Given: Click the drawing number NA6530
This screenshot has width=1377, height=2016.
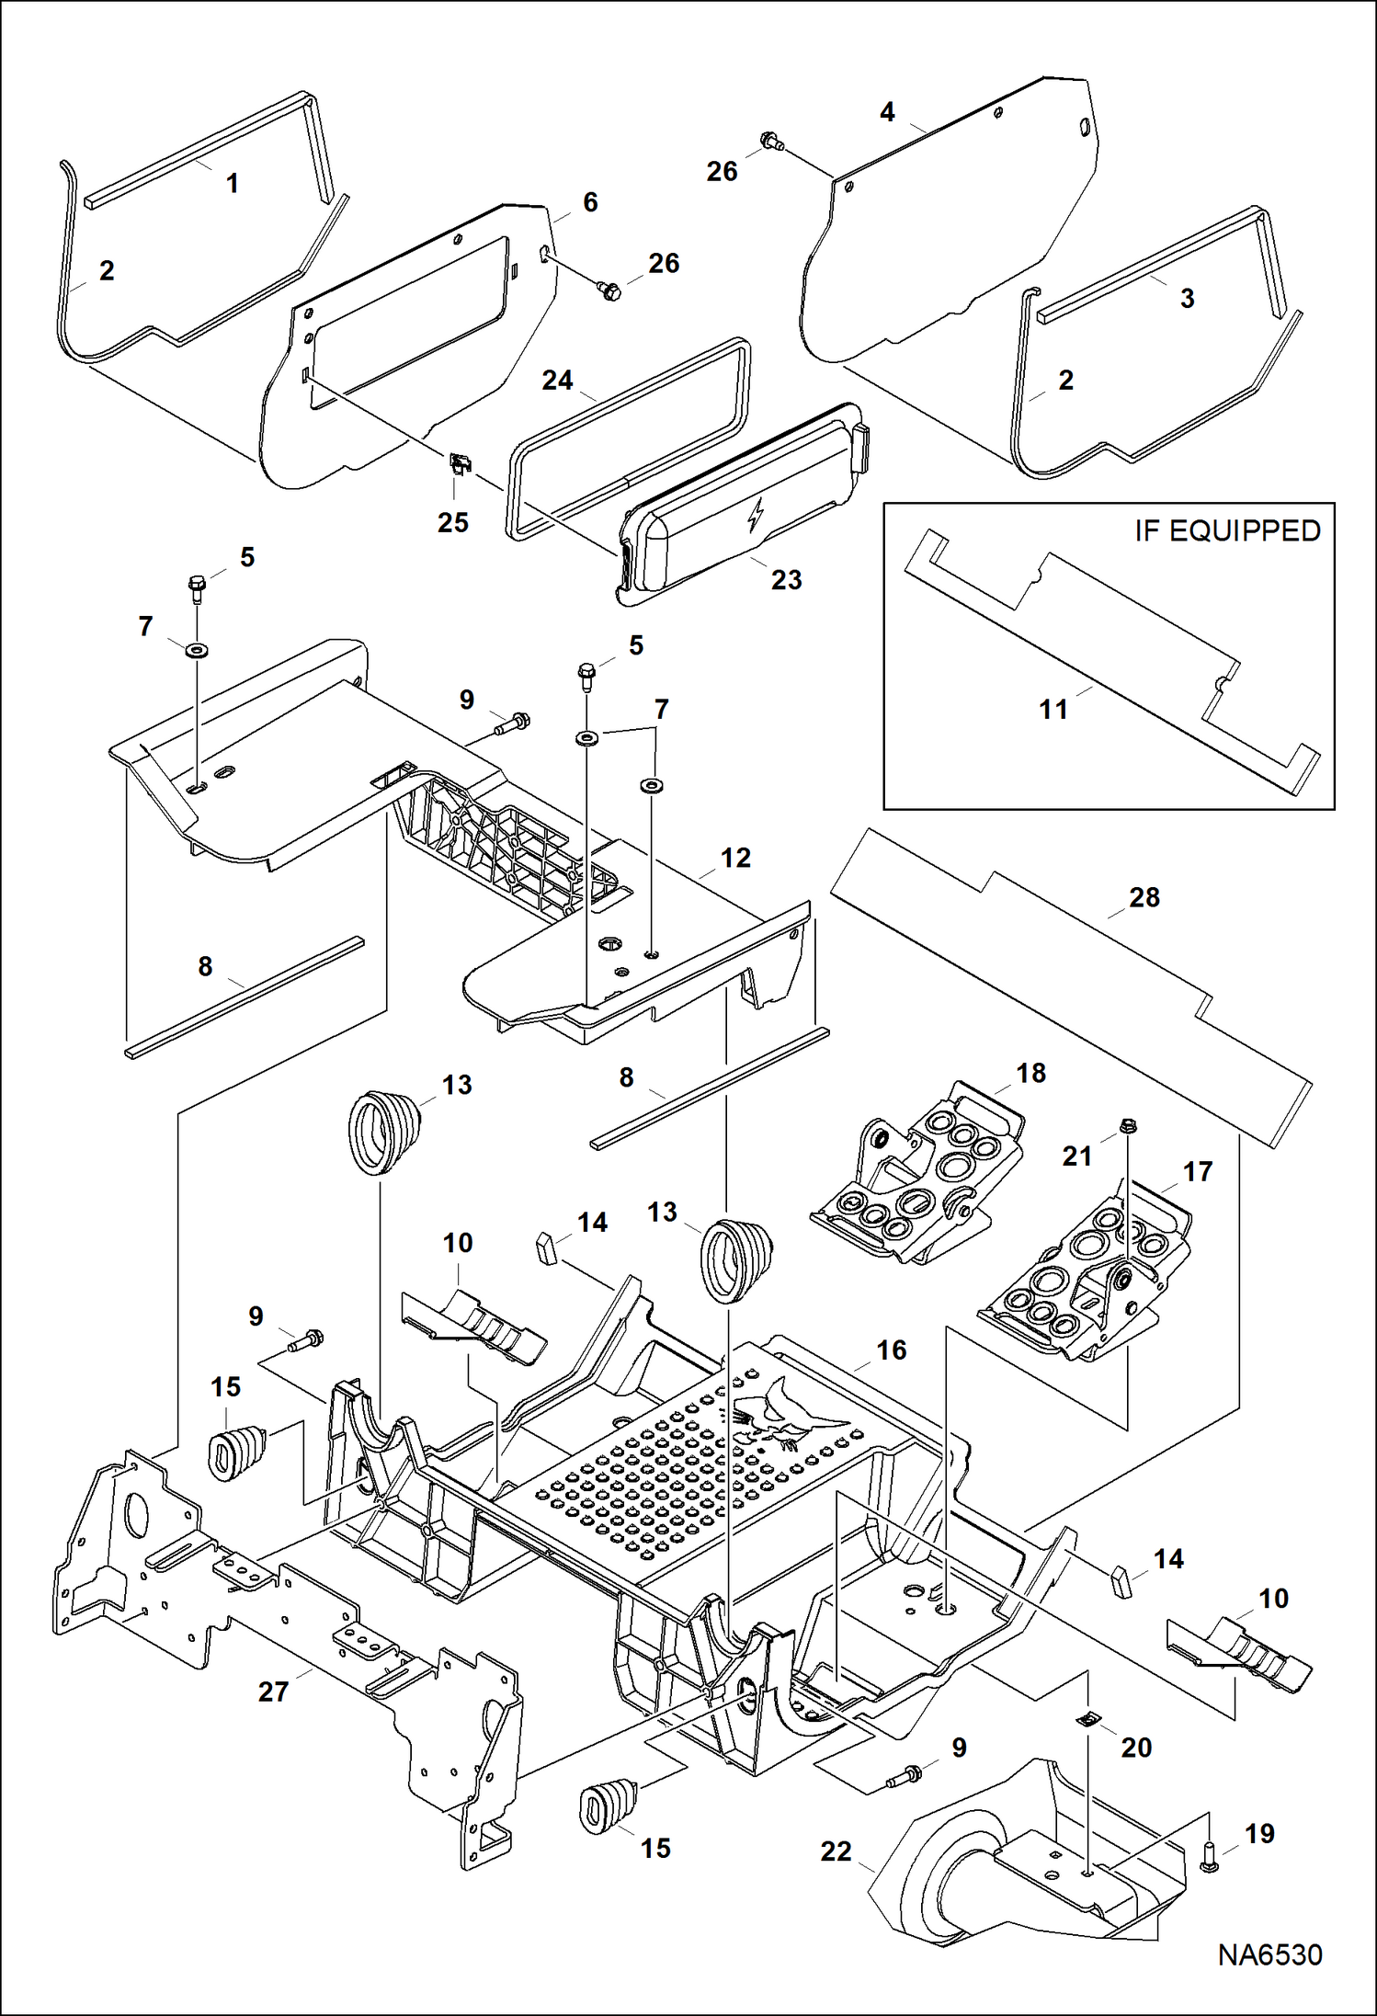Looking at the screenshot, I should click(x=1269, y=1954).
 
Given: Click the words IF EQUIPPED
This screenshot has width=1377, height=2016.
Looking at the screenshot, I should click(x=1226, y=530).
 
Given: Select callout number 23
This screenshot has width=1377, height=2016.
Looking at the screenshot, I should click(x=786, y=580).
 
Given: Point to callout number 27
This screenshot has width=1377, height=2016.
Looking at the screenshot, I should click(x=273, y=1691).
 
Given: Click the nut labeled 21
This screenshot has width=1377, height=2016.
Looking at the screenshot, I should click(x=1130, y=1125).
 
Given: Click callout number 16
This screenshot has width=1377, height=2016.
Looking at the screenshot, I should click(x=891, y=1350).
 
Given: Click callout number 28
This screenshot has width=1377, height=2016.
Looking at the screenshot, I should click(x=1144, y=897).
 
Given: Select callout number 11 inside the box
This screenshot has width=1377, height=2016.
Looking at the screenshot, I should click(x=1053, y=710).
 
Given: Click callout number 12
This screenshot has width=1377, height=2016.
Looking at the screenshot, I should click(x=735, y=859).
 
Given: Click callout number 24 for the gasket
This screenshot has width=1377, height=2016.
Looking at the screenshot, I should click(x=557, y=381).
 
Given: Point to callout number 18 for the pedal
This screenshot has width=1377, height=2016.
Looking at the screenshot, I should click(x=1030, y=1073).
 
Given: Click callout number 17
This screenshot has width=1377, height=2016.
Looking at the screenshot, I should click(x=1197, y=1171).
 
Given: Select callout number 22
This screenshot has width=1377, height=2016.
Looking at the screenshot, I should click(x=836, y=1851).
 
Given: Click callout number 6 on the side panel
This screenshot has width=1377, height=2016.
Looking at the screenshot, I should click(x=590, y=202).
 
